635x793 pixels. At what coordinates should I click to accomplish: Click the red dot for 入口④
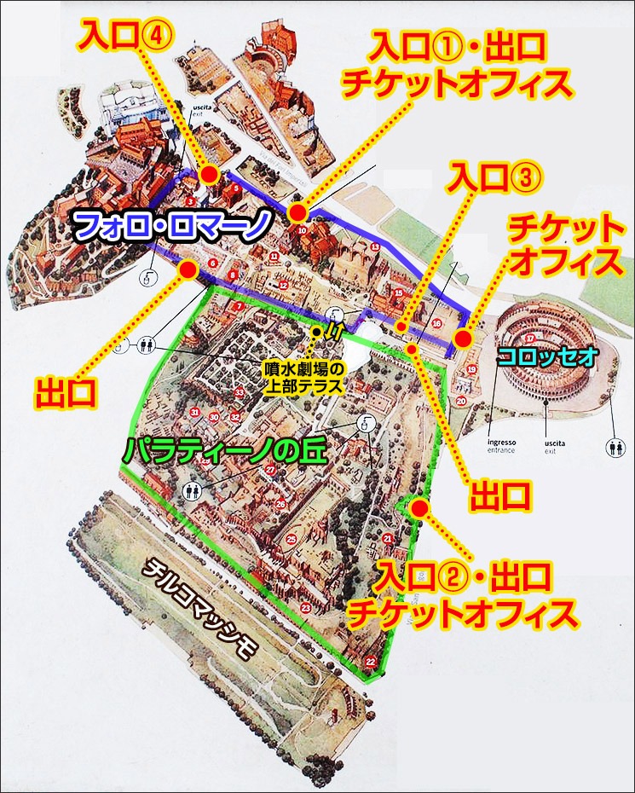(207, 175)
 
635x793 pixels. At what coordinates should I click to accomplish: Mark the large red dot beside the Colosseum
(463, 339)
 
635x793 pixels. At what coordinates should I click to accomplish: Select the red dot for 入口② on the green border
(419, 508)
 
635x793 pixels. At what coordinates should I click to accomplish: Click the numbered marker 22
(370, 661)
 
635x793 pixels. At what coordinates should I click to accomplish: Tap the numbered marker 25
(292, 538)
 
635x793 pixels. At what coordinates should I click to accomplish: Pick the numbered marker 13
(374, 246)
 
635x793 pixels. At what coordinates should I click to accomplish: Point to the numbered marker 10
(302, 229)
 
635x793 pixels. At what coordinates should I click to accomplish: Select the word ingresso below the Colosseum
(500, 443)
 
